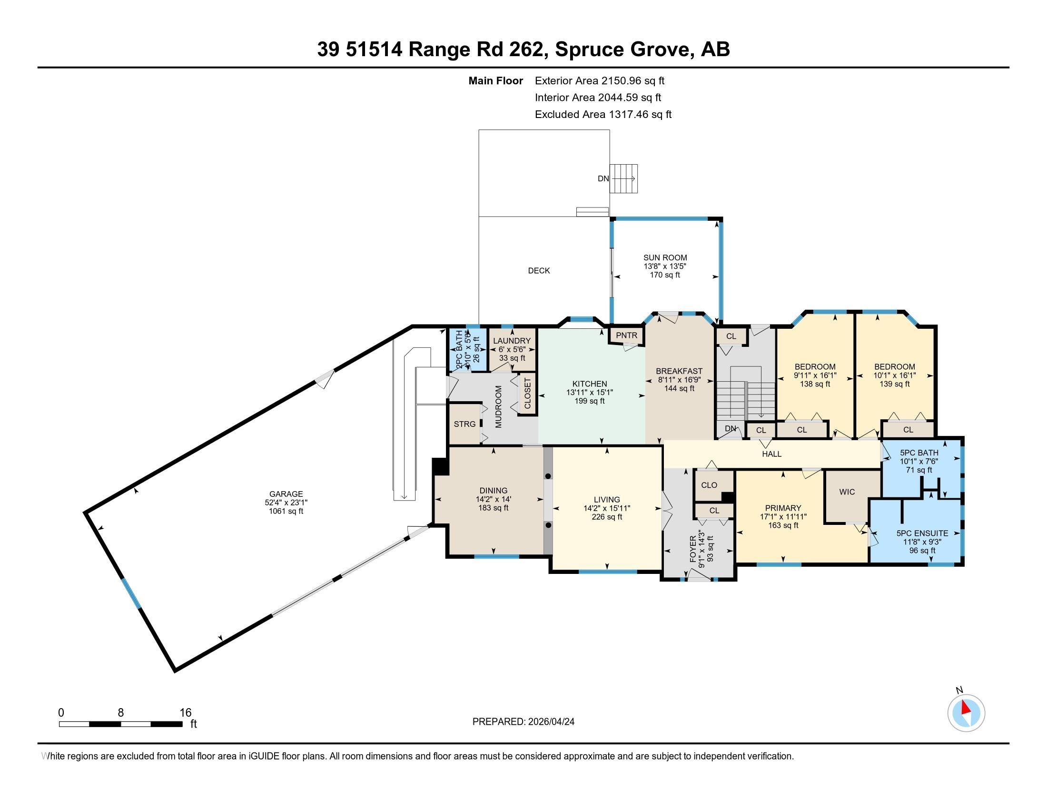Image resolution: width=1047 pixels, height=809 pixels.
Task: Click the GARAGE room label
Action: coord(286,494)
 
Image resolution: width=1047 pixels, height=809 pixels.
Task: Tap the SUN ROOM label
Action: coord(665,257)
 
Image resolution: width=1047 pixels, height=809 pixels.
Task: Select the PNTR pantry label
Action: coord(627,335)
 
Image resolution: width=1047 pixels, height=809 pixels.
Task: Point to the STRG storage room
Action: coord(464,424)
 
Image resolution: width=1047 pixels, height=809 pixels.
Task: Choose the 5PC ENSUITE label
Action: coord(922,533)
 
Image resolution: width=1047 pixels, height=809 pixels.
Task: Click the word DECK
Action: coord(539,271)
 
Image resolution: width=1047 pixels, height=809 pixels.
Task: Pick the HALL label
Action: coord(772,454)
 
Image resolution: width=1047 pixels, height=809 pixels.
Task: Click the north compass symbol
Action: coord(966,713)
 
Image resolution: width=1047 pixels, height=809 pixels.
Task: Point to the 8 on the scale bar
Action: coord(121,713)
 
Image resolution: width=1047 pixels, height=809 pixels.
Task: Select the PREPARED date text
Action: coord(523,722)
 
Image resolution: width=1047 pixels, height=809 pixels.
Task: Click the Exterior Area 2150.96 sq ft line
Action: coord(600,80)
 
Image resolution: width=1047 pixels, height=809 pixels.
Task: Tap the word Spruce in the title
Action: coord(588,49)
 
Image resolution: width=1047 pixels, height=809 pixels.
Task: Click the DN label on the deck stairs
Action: coord(603,179)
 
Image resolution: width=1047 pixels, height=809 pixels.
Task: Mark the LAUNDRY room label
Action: coord(512,341)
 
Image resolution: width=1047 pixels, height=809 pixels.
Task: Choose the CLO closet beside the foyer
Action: coord(709,485)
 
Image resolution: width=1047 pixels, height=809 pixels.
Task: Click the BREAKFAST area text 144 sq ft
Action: coord(679,388)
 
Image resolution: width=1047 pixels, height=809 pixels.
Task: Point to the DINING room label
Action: coord(494,490)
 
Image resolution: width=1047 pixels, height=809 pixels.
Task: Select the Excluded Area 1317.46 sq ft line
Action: coord(603,114)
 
